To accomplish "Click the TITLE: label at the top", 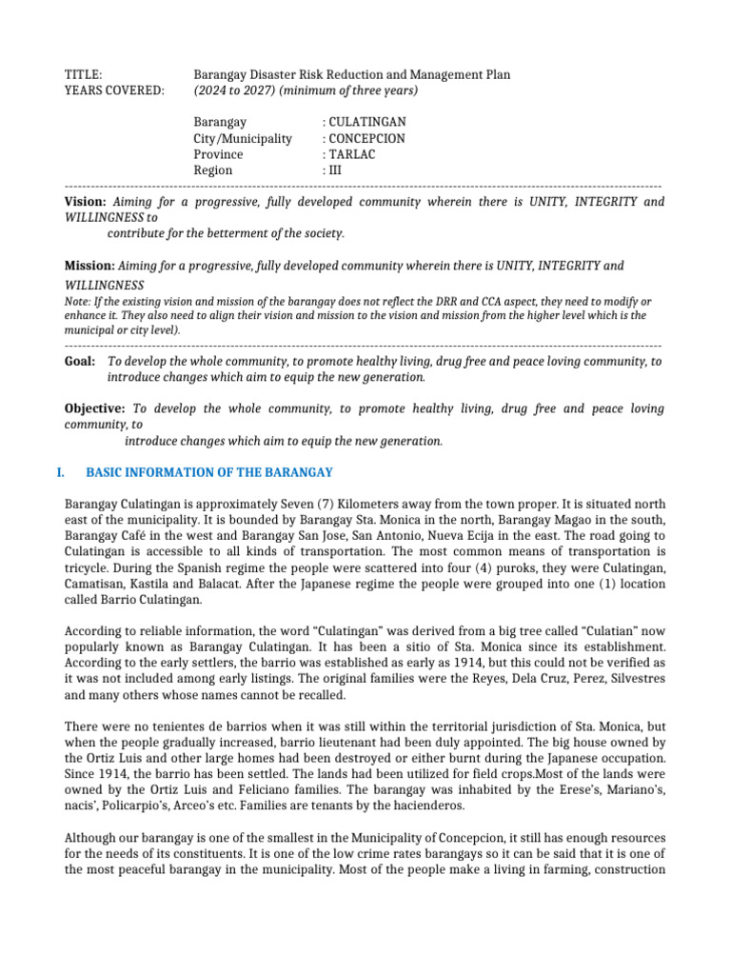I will (83, 74).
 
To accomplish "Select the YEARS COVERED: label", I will (113, 90).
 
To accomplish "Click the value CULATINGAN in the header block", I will (367, 123).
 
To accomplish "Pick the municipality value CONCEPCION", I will (366, 139).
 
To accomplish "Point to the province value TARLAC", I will (352, 154).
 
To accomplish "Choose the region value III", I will (336, 170).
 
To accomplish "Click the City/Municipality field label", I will (243, 139).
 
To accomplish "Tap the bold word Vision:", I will (85, 202).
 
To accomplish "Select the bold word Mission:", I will (89, 266).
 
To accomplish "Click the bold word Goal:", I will (80, 362).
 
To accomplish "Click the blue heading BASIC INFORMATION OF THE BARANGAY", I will (209, 472).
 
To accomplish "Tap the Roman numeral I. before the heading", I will (69, 472).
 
